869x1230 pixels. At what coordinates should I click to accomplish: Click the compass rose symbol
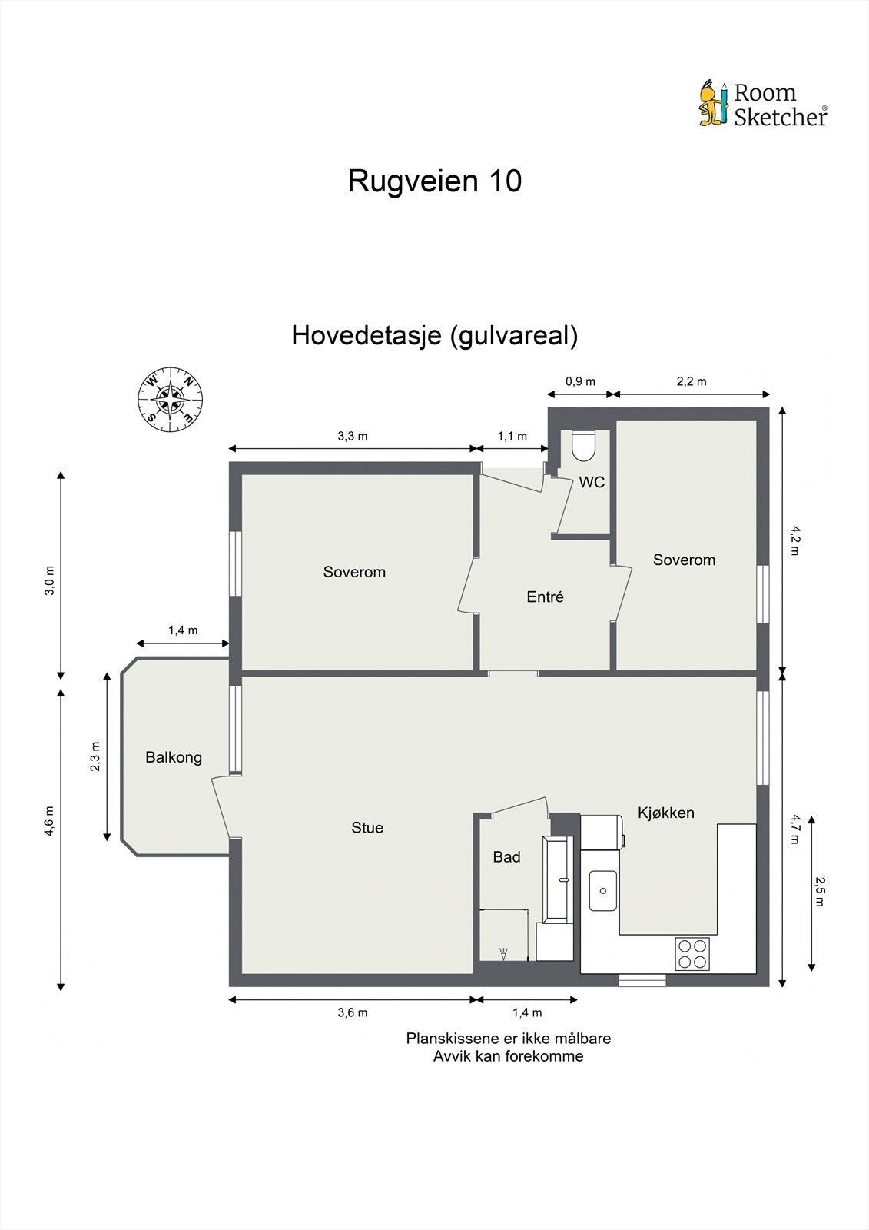click(171, 399)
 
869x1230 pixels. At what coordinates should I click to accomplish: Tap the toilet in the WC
click(583, 444)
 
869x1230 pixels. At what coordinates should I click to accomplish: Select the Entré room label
click(545, 597)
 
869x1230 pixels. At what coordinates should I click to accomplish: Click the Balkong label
click(174, 757)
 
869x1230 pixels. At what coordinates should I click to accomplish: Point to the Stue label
click(367, 828)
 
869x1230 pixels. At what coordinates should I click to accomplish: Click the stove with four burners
click(692, 953)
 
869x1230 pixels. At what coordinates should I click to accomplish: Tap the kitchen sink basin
click(603, 890)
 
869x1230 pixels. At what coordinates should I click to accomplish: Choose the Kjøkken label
click(665, 813)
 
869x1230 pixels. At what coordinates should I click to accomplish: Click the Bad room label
click(506, 857)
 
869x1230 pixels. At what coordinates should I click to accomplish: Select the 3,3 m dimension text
click(352, 436)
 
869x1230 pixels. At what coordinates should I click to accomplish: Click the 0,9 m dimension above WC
click(580, 381)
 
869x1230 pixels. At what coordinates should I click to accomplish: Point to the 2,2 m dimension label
click(691, 381)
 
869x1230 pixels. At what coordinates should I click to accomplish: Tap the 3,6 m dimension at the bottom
click(352, 1012)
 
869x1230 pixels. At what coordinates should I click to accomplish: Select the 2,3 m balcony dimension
click(95, 756)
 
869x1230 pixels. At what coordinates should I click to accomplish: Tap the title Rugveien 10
click(434, 181)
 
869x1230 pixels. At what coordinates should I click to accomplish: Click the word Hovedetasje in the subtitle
click(366, 335)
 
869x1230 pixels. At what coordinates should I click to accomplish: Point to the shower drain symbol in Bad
click(503, 954)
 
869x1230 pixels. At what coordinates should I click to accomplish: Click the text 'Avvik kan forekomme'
click(508, 1056)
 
